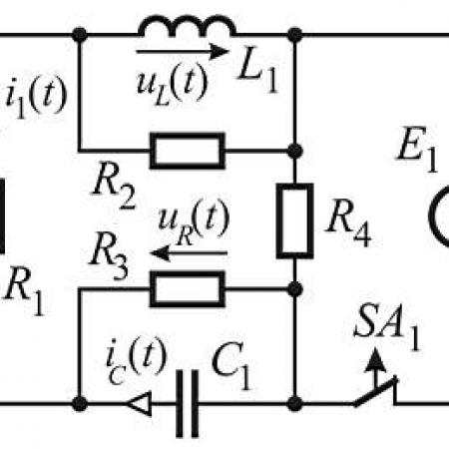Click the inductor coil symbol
point(187,20)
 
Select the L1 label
point(257,74)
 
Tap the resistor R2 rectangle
point(188,151)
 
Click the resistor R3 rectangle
point(188,289)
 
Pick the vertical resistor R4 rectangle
point(294,221)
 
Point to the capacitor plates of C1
point(188,403)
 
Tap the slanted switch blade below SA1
point(375,392)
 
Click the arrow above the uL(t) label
point(183,52)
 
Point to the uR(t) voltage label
point(194,223)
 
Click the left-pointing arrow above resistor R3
point(189,253)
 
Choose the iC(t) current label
point(136,361)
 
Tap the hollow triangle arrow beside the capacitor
point(139,404)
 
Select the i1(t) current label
point(36,98)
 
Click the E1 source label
point(418,150)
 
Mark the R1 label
point(24,291)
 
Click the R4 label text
point(348,226)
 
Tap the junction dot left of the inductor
point(80,34)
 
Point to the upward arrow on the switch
point(375,366)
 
